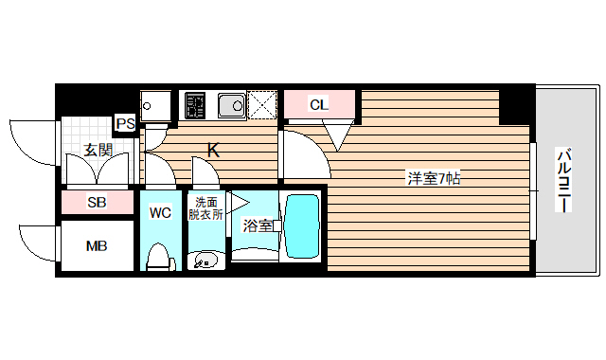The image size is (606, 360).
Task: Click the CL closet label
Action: tap(319, 105)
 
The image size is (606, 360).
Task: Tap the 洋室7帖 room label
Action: tap(434, 177)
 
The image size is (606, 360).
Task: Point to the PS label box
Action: tap(125, 123)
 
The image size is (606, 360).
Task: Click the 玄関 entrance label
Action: tap(98, 150)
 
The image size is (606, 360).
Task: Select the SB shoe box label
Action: tap(97, 202)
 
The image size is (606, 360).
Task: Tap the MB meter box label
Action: tap(97, 246)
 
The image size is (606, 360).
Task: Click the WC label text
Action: tap(160, 212)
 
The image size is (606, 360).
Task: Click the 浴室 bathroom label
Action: tap(258, 225)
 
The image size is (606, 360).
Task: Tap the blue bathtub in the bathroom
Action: tap(303, 227)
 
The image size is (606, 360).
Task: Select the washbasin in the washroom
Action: tap(206, 259)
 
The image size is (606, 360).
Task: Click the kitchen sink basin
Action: tap(230, 104)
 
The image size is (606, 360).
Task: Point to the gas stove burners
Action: tap(197, 104)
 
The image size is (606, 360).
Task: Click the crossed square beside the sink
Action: tap(261, 104)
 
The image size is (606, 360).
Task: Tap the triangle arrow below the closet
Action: tap(338, 137)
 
